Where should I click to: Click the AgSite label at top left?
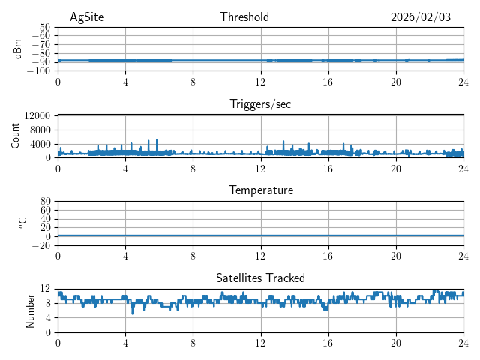click(x=86, y=17)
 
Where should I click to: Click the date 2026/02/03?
click(x=421, y=17)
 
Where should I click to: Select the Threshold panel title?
click(x=244, y=17)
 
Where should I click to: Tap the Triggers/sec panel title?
click(x=260, y=104)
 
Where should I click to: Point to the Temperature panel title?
click(x=260, y=190)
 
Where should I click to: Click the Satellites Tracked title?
click(x=260, y=277)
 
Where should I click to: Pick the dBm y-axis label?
click(x=18, y=49)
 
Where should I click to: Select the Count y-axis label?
click(x=15, y=136)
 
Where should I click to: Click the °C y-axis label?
click(x=22, y=223)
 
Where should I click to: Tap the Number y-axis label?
click(x=31, y=310)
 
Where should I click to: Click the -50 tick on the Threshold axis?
click(x=41, y=27)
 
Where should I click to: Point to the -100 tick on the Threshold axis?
click(x=38, y=71)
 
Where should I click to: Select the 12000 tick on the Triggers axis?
click(x=37, y=115)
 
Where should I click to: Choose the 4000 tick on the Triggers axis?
click(x=40, y=144)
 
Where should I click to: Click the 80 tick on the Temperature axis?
click(x=46, y=202)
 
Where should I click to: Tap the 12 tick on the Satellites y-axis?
click(x=46, y=289)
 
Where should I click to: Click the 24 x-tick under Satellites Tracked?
click(x=463, y=343)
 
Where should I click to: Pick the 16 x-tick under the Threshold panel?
click(x=328, y=82)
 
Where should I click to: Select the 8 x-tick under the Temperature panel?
click(x=193, y=256)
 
